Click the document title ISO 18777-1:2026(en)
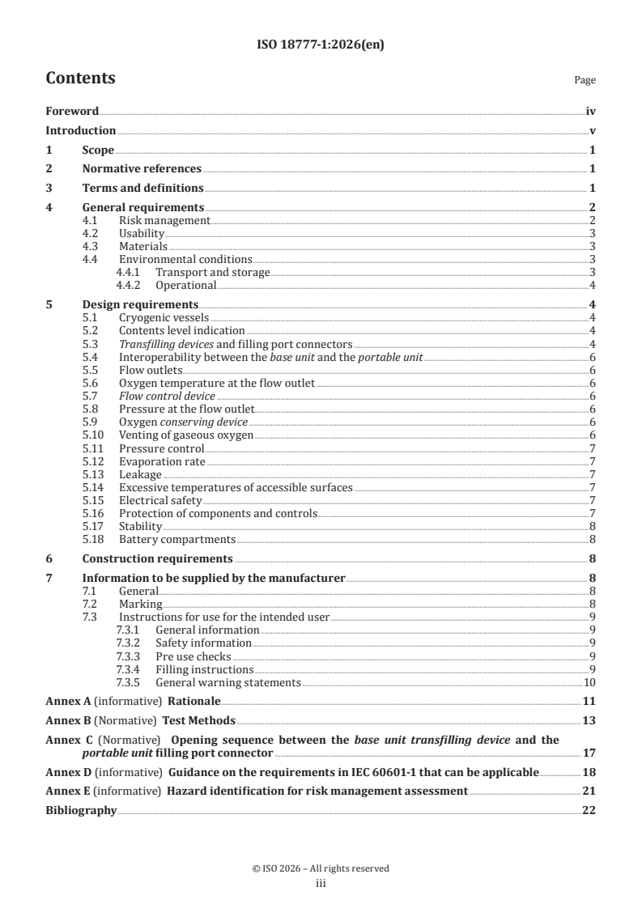click(321, 45)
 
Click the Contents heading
click(80, 78)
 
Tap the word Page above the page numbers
click(585, 80)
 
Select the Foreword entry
click(72, 112)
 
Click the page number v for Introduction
click(593, 130)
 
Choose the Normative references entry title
click(142, 168)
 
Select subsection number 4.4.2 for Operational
click(128, 285)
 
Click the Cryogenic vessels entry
click(164, 316)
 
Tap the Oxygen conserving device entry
click(183, 422)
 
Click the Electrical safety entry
click(160, 499)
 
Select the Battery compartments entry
click(177, 538)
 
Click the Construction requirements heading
click(158, 558)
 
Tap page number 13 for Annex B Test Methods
click(589, 720)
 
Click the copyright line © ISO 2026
click(321, 868)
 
